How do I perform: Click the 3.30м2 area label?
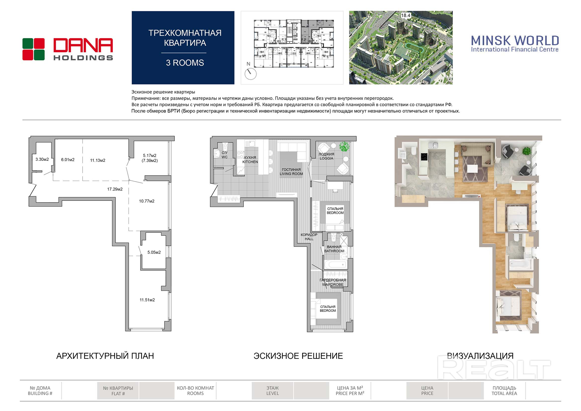pos(42,160)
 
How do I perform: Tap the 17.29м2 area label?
pos(115,189)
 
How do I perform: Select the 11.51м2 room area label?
pos(147,300)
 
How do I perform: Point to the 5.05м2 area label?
pos(154,252)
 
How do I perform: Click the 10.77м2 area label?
pos(147,201)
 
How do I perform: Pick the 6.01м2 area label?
pos(68,160)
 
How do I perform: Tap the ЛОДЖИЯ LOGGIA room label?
pos(327,156)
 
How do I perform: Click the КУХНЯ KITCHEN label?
pos(250,160)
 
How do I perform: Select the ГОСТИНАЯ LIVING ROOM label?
pos(291,172)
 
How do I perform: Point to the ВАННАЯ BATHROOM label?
pos(334,249)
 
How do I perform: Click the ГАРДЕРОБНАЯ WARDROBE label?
pos(333,282)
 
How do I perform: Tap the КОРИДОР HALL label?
pos(309,237)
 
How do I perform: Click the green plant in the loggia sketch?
pos(344,146)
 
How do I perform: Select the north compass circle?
pos(250,74)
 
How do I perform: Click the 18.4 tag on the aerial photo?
pos(406,15)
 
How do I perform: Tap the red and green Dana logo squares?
pos(33,49)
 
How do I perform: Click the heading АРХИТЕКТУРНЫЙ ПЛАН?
pos(105,356)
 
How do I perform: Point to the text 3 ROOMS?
pos(185,63)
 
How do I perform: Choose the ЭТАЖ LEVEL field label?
pos(273,391)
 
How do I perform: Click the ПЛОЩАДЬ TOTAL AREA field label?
pos(504,391)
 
